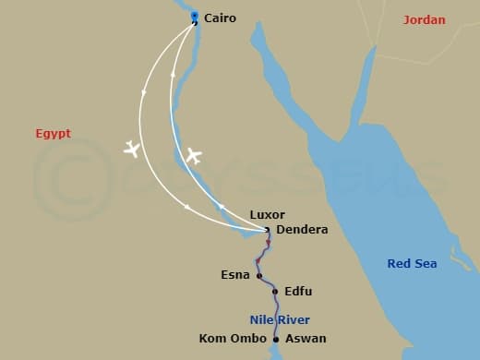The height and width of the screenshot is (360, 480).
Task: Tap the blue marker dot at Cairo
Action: coord(194,16)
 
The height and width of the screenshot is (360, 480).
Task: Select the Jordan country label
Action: coord(425,19)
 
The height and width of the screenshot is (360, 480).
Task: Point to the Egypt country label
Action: coord(53,133)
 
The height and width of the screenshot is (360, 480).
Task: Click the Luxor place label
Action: coord(268,215)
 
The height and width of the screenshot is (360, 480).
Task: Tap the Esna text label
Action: coord(234,275)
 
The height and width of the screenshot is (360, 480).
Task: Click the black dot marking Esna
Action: coord(259,275)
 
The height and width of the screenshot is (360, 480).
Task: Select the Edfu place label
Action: coord(298,292)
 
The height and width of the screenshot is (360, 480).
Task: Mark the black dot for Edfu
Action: coord(275,292)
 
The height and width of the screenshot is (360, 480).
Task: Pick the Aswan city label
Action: coord(306,339)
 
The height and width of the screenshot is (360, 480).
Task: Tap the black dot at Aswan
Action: coord(276,339)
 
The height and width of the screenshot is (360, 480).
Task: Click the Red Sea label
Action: coord(412,264)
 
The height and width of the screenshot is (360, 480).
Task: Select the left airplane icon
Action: coord(132,149)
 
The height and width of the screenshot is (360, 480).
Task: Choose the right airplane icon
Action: coord(192,155)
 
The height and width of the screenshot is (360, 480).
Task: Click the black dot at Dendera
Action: coord(267,230)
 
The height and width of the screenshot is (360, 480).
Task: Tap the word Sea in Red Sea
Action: coord(425,264)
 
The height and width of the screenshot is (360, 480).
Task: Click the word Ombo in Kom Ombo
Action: coord(244,338)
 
